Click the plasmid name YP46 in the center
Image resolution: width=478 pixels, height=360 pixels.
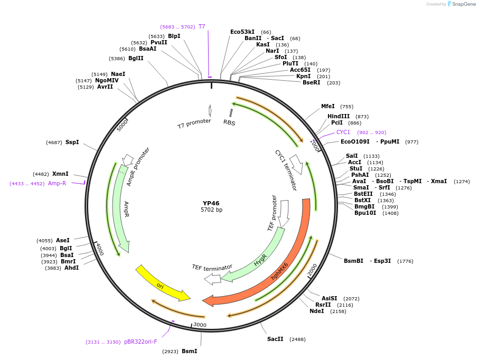click(x=211, y=203)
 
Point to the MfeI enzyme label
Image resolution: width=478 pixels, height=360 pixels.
click(x=328, y=106)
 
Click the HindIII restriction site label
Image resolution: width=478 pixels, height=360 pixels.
click(x=339, y=116)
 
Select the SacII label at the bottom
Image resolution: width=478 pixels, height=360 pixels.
click(x=275, y=339)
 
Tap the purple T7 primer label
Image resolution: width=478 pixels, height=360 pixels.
click(x=202, y=26)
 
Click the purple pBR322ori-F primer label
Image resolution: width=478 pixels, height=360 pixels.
click(x=140, y=342)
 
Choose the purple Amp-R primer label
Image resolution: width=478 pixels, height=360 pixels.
click(x=57, y=183)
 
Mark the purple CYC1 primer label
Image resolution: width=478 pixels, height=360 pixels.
click(x=343, y=132)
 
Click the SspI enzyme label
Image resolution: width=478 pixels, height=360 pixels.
click(x=72, y=142)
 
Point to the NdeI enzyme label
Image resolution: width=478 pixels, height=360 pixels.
click(x=317, y=311)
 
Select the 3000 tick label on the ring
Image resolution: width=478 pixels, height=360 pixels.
click(x=200, y=324)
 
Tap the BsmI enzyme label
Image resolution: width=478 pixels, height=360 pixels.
click(x=189, y=350)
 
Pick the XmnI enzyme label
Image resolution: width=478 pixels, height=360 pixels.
click(x=60, y=174)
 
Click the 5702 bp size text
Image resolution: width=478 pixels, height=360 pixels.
click(x=211, y=210)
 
